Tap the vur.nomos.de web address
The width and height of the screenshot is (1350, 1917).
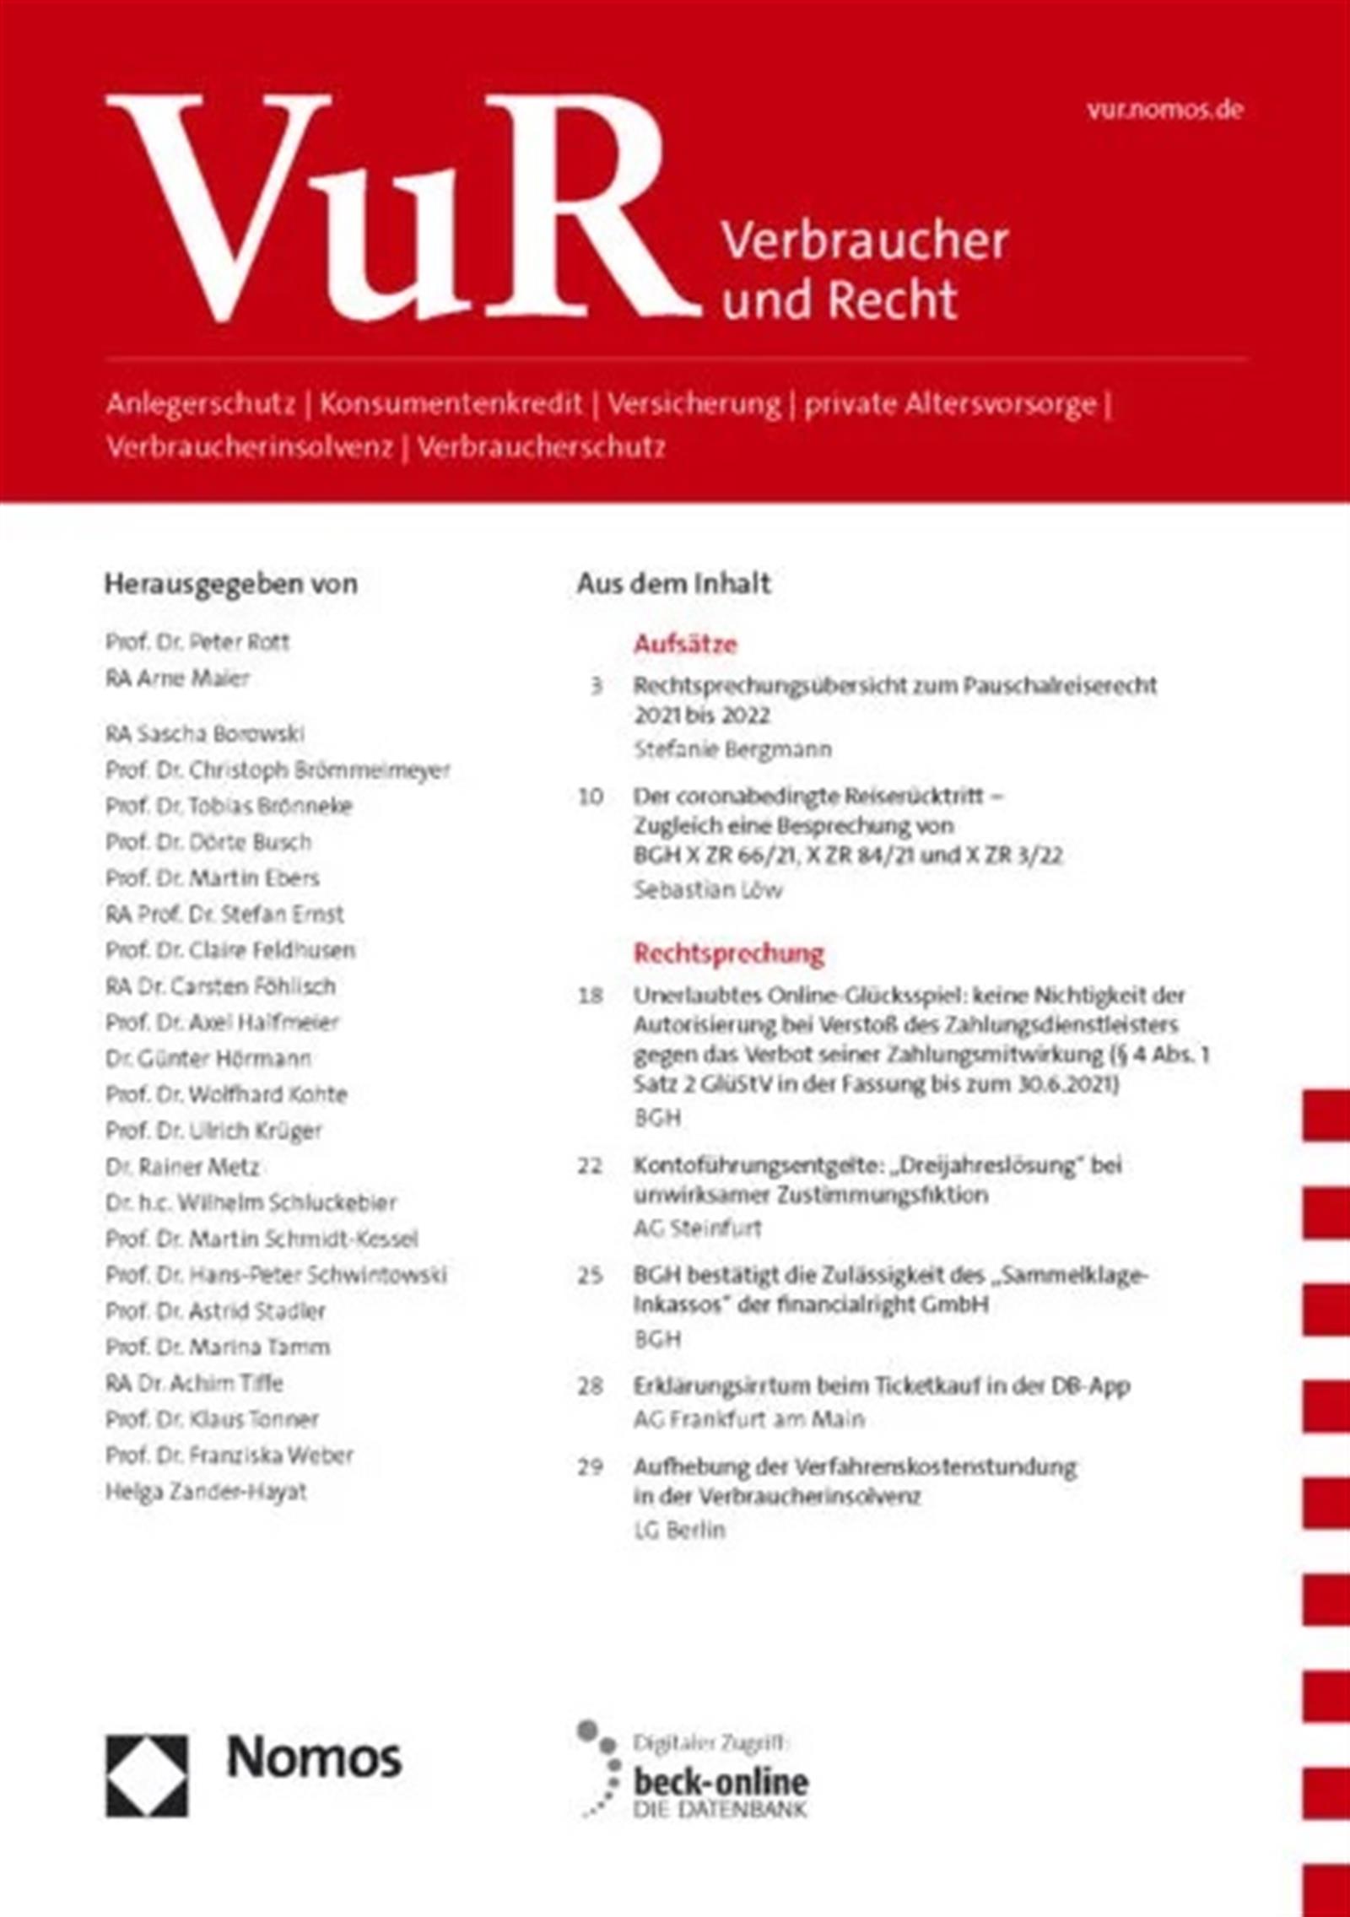[1164, 110]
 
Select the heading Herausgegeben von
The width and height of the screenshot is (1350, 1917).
[230, 584]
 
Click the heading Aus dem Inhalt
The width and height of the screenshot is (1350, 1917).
[673, 584]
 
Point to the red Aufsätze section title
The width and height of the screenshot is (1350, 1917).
[685, 645]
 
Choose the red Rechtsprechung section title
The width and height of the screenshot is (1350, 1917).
[728, 954]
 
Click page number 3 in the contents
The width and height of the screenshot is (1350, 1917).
[596, 685]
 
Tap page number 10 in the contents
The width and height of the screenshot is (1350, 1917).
[591, 796]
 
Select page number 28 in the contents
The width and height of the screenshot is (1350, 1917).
[591, 1385]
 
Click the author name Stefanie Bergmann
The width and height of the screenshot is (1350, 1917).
[732, 748]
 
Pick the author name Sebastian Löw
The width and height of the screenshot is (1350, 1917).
[708, 890]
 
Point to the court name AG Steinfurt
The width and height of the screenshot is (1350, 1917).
[697, 1228]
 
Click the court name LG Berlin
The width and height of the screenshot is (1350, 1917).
[679, 1530]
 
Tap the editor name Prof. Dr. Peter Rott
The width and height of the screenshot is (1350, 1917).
[197, 642]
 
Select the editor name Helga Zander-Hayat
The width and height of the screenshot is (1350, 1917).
[206, 1491]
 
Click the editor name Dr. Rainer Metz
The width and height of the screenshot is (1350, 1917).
[182, 1167]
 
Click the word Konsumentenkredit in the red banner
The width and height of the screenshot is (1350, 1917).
[451, 404]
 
